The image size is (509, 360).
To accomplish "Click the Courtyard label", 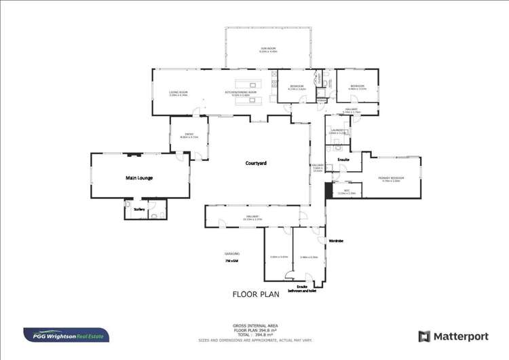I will (x=256, y=163).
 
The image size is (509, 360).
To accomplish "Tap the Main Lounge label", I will (x=139, y=178).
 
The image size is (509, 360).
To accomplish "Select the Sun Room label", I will (x=268, y=50).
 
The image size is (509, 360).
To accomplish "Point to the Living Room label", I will (x=178, y=93).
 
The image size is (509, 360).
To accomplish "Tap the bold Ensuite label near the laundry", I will (x=343, y=160).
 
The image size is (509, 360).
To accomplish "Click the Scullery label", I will (x=139, y=209).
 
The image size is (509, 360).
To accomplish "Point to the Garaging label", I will (x=232, y=253).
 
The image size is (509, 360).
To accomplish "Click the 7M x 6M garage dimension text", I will (x=232, y=260).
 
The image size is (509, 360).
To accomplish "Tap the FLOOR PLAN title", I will (x=256, y=295).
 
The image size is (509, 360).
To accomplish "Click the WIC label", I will (x=347, y=190).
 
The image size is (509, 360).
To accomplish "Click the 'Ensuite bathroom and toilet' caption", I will (x=302, y=289).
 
